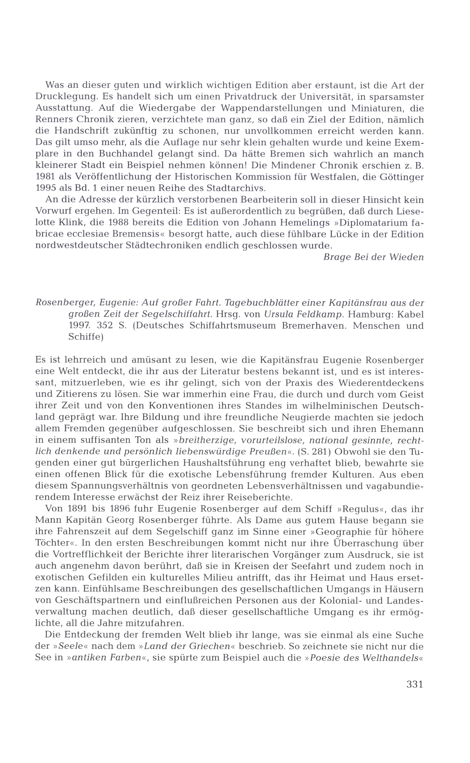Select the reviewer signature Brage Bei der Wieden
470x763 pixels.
point(373,257)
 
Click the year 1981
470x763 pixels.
point(45,177)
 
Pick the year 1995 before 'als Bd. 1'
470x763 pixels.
point(45,188)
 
